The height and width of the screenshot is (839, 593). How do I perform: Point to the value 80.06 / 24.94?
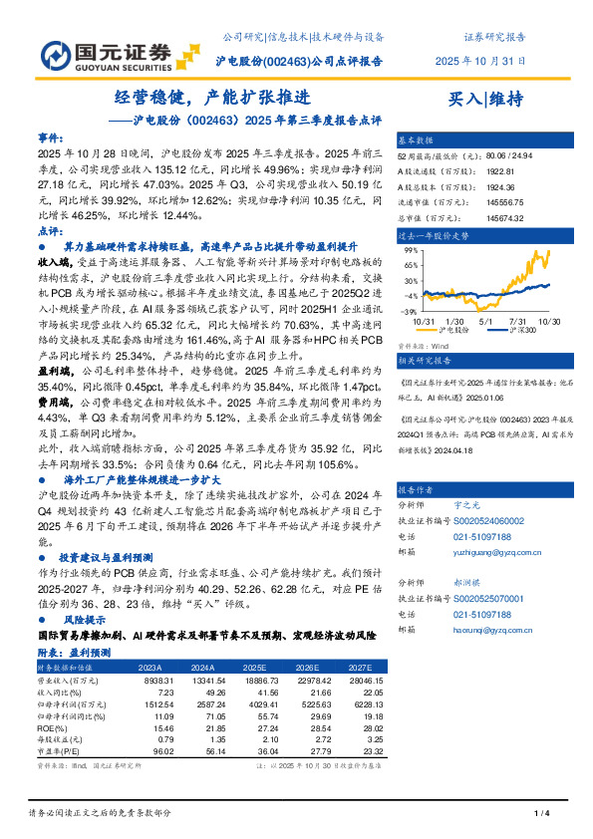point(508,156)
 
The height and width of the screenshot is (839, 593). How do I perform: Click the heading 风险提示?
point(80,618)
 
